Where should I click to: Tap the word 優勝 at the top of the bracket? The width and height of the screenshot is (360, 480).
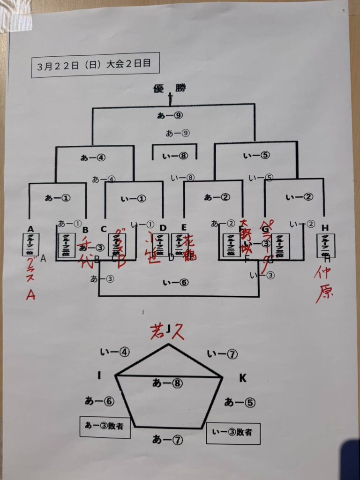click(x=169, y=88)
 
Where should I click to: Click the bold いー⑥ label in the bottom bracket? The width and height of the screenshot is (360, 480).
click(x=175, y=282)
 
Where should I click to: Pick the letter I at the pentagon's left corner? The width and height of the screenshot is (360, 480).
click(x=99, y=375)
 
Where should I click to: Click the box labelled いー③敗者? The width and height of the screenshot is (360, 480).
click(x=233, y=432)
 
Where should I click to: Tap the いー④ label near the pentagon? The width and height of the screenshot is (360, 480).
click(x=115, y=352)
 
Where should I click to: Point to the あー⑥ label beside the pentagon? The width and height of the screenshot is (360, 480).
click(x=99, y=401)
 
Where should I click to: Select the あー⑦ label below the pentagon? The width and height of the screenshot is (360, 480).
click(x=167, y=440)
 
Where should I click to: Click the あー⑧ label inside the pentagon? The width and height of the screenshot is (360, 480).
click(x=167, y=383)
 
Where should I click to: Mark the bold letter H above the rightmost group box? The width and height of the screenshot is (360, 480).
click(x=325, y=228)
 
